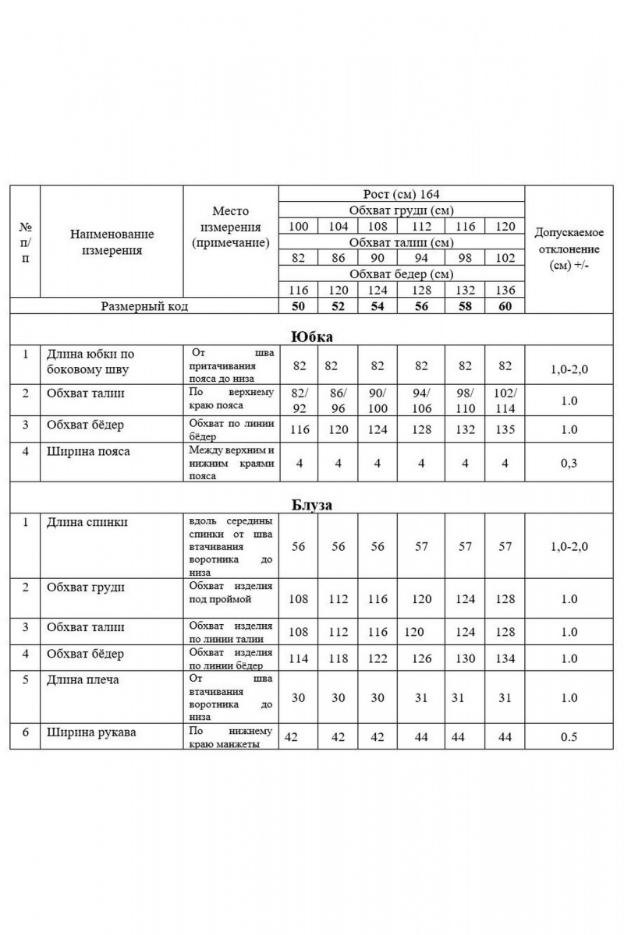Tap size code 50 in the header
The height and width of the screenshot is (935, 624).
(x=298, y=306)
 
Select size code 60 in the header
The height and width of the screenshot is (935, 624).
(x=505, y=306)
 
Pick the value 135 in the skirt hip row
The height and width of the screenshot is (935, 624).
(x=505, y=429)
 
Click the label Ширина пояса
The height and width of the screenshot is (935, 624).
(x=88, y=451)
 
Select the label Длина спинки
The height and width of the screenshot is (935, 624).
(x=87, y=522)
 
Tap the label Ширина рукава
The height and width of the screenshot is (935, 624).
(x=91, y=732)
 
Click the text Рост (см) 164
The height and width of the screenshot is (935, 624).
(x=402, y=194)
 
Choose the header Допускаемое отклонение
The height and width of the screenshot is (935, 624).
(x=568, y=249)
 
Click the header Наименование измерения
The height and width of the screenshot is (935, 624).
(x=112, y=242)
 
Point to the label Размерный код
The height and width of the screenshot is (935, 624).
(x=144, y=306)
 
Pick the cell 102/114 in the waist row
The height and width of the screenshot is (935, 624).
(x=505, y=399)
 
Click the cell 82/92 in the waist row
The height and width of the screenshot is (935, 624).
(x=298, y=399)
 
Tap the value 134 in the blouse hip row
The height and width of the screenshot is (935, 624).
(x=505, y=658)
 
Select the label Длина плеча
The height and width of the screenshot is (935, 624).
(x=83, y=679)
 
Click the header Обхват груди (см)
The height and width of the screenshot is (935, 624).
(x=402, y=210)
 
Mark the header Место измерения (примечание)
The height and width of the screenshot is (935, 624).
(x=230, y=227)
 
